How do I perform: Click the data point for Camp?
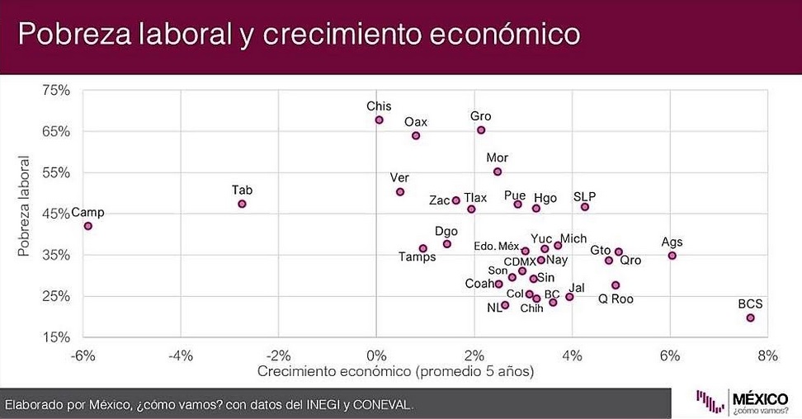click(x=88, y=226)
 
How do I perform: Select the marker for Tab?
click(x=242, y=204)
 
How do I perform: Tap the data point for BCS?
click(x=750, y=318)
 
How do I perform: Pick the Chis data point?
click(x=379, y=120)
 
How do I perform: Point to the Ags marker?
click(x=672, y=256)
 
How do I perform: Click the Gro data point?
click(x=481, y=130)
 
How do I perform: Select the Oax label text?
click(x=416, y=122)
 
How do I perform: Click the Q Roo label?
click(x=616, y=299)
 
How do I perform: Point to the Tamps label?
click(x=418, y=257)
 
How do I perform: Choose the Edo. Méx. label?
click(x=497, y=246)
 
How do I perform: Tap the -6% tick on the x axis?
click(x=83, y=355)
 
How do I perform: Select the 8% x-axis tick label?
click(x=767, y=355)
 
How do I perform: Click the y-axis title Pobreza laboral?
click(x=26, y=206)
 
